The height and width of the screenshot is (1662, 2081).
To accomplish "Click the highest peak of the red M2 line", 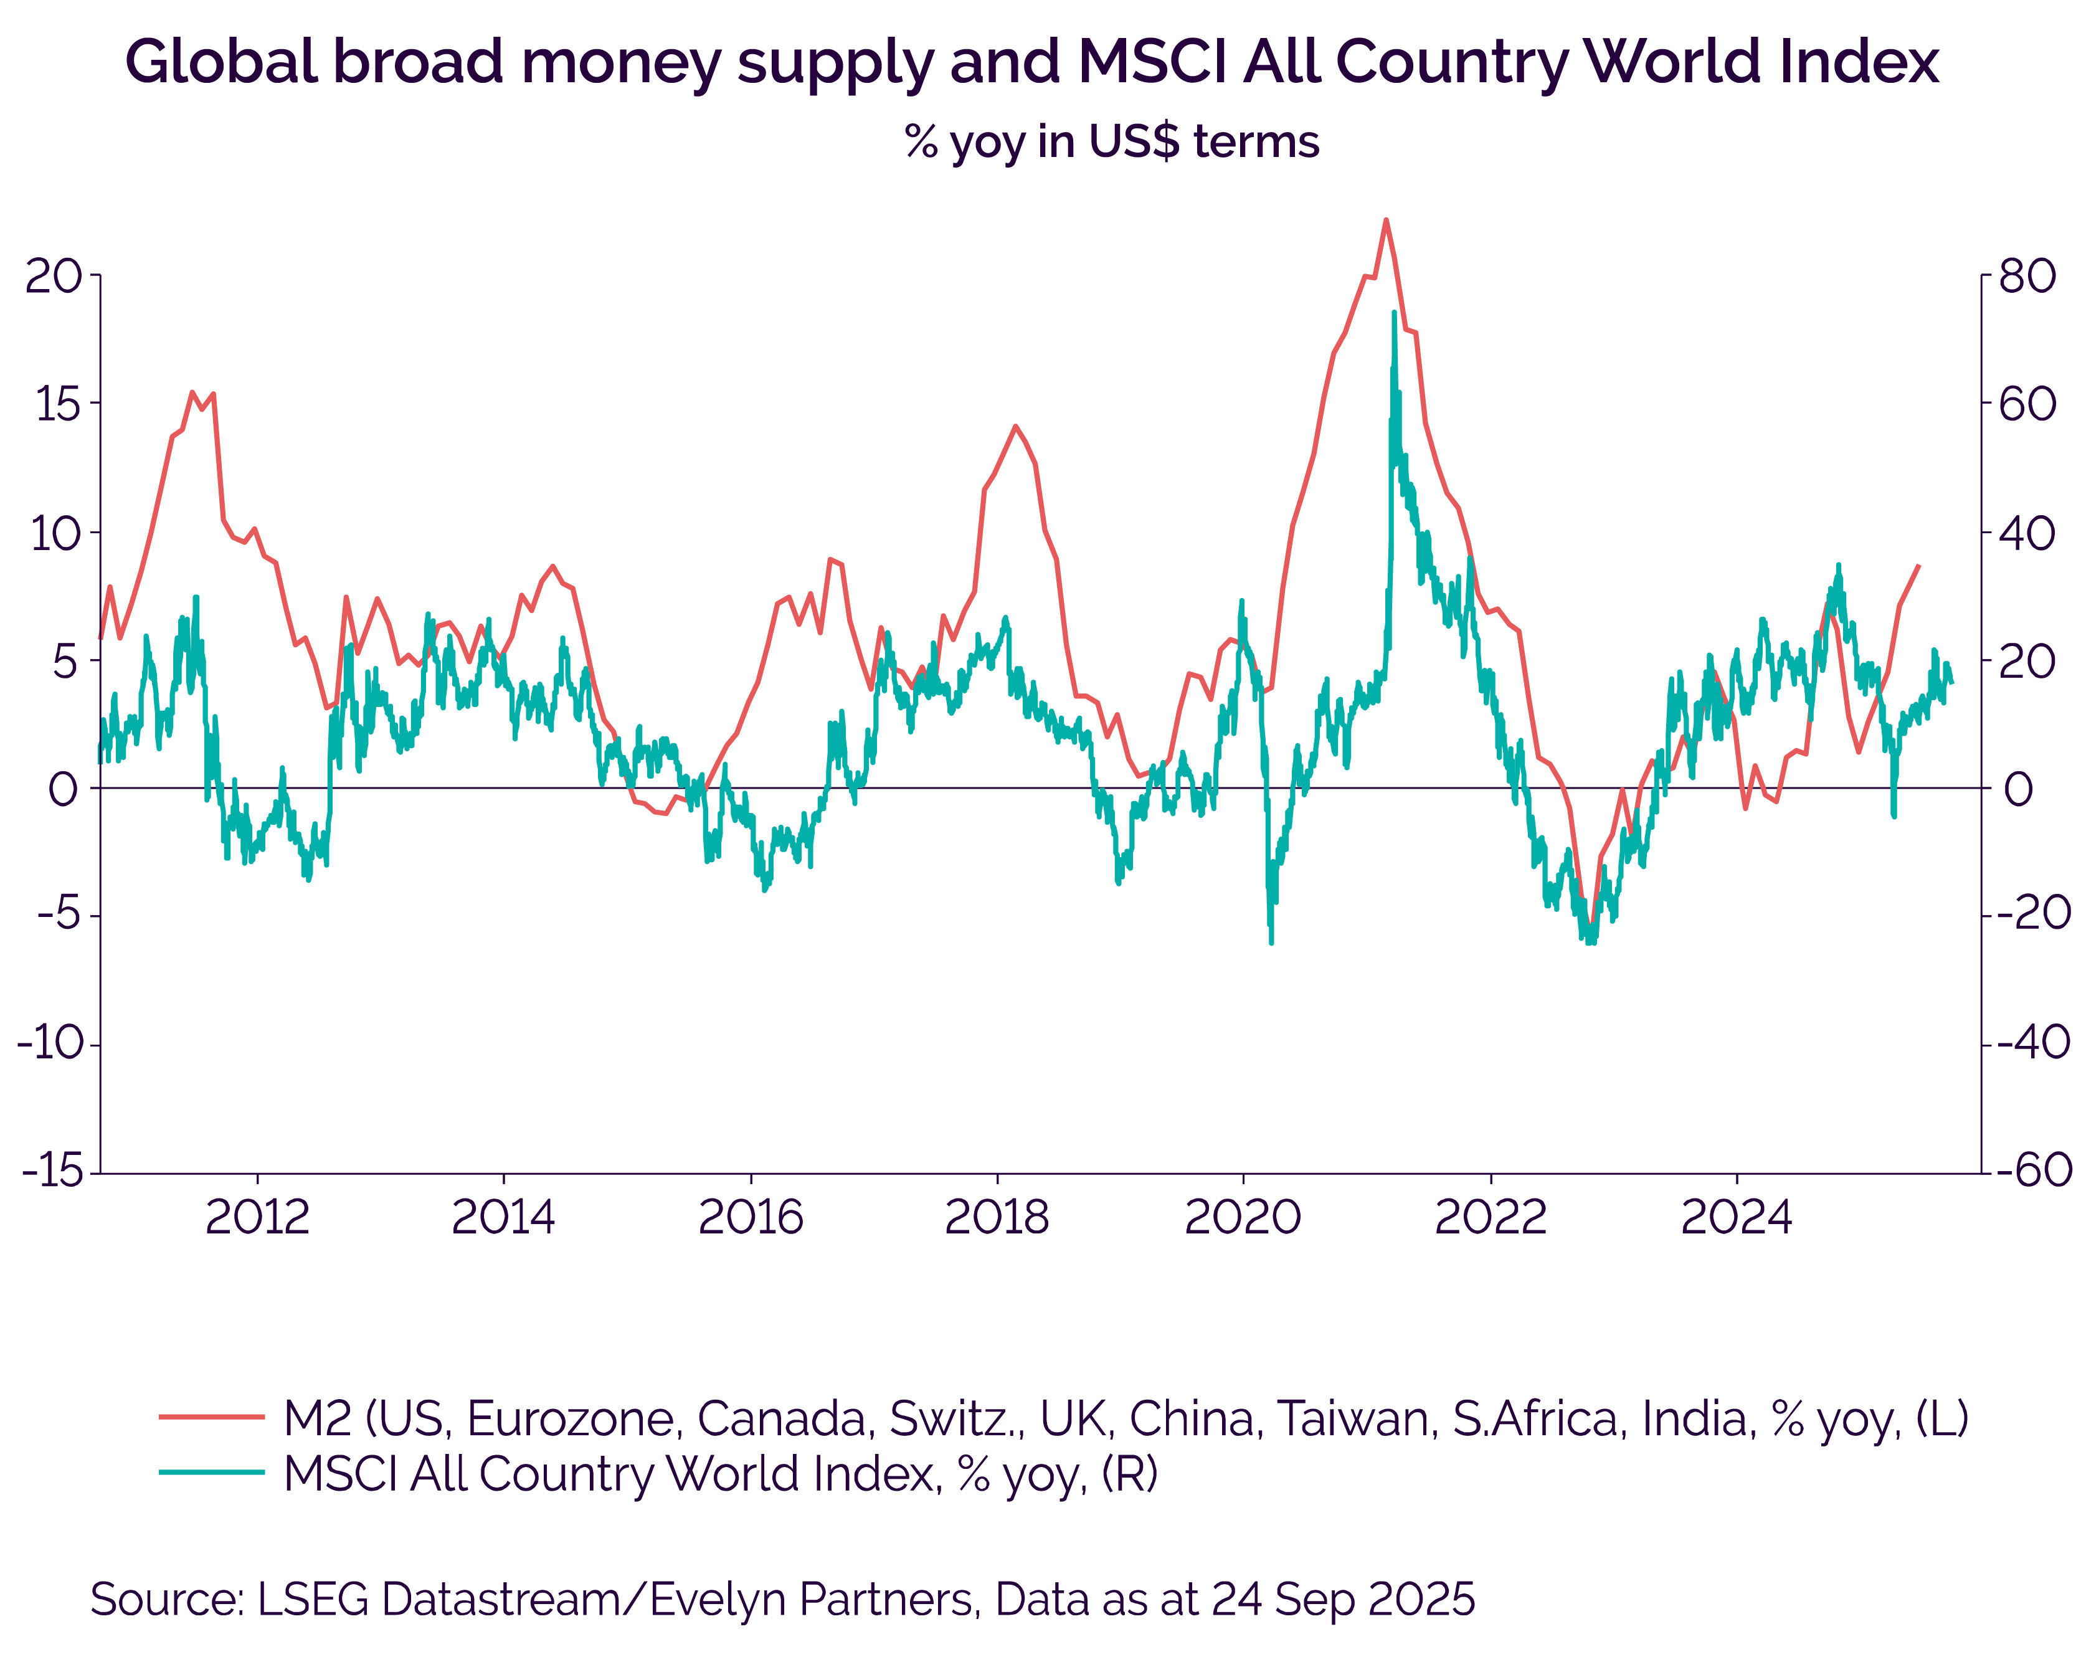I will [x=1385, y=220].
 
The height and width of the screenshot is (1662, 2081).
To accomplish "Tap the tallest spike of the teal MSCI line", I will [x=1394, y=311].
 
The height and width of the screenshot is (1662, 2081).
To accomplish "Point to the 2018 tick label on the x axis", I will [x=996, y=1217].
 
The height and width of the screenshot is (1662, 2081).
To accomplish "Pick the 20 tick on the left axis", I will [x=54, y=277].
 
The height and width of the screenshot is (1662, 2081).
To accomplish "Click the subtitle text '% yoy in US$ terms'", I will [x=1111, y=142].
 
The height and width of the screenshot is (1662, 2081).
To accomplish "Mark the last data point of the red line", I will [x=1918, y=566].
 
